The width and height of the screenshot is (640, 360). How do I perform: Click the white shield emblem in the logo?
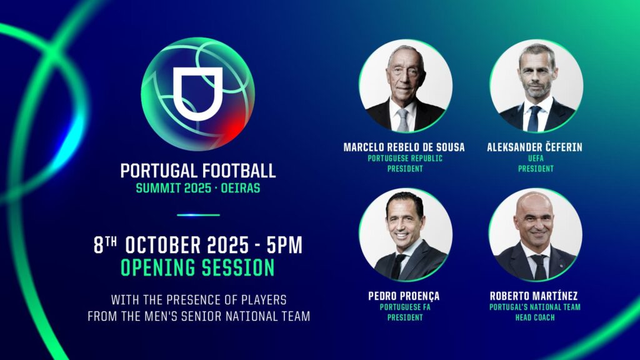pos(198,94)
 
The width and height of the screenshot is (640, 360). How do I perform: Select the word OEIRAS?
pos(241,189)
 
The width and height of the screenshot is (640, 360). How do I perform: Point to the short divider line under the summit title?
pos(198,215)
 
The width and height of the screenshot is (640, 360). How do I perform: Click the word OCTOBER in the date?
pos(163,245)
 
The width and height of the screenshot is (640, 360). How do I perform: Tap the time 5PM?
pos(284,245)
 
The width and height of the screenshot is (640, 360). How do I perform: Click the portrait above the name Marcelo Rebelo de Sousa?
pos(406,86)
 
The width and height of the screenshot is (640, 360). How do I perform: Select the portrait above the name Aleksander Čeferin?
pos(536,86)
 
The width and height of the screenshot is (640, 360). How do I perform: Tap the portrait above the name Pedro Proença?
pos(406,235)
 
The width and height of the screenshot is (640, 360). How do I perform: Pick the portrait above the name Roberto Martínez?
pos(536,235)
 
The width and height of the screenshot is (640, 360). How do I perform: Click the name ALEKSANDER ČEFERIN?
pos(535,147)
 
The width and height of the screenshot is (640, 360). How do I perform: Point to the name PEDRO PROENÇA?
pos(404,296)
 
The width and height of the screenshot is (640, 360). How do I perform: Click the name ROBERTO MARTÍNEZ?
pos(534,296)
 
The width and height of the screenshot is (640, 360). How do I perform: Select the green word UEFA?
pos(536,158)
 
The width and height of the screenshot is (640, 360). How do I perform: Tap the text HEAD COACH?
pos(535,317)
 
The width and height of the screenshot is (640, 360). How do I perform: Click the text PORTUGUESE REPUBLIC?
pos(405,158)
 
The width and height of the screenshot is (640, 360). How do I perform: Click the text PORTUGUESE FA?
pos(405,307)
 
